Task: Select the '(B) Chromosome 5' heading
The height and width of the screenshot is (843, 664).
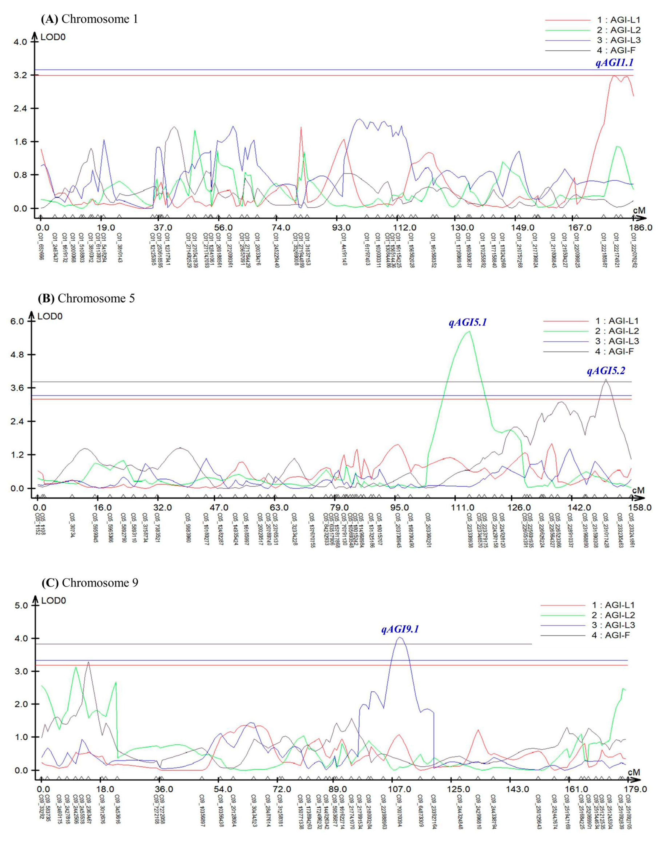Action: coord(86,299)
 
